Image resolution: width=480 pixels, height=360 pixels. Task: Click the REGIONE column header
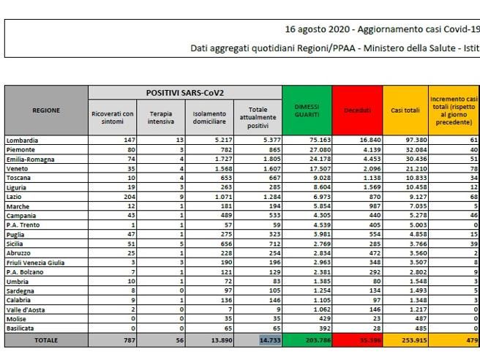(46, 110)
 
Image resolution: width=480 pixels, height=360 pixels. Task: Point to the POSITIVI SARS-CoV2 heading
(184, 93)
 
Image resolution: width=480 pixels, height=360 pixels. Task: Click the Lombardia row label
(23, 139)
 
